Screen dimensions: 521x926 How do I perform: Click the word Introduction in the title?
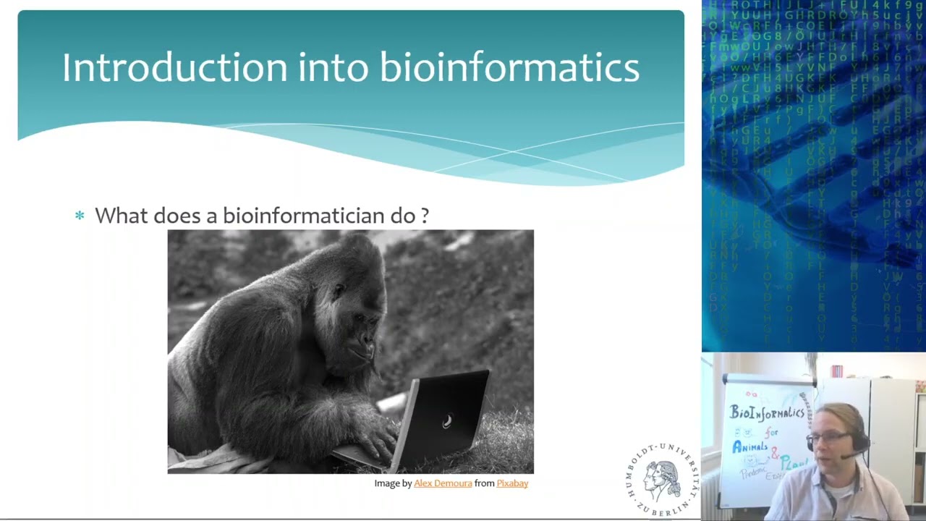coord(174,67)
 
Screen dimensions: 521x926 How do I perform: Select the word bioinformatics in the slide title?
coord(509,67)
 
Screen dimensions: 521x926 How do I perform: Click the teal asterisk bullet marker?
coord(80,216)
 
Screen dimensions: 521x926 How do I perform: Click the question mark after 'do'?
coord(425,216)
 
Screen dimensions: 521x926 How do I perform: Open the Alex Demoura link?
coord(443,483)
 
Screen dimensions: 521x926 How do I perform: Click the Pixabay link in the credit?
coord(512,483)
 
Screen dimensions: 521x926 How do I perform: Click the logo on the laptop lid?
coord(447,421)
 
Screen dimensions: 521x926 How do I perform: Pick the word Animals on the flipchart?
coord(749,447)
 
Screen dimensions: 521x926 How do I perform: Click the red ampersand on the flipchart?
coord(775,454)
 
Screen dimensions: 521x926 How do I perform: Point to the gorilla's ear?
coord(336,291)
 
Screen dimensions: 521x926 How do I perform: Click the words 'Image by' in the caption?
coord(393,483)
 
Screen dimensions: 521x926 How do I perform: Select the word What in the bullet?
coord(121,216)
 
